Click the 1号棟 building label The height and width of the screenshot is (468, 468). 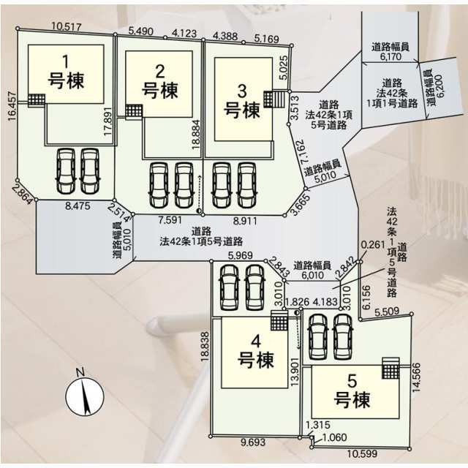pyautogui.click(x=66, y=72)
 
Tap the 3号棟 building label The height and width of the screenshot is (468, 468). pyautogui.click(x=242, y=101)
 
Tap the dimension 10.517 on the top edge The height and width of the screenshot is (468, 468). pyautogui.click(x=67, y=27)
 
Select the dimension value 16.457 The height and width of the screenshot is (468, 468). pyautogui.click(x=12, y=106)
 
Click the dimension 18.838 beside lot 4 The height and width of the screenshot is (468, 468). pyautogui.click(x=205, y=347)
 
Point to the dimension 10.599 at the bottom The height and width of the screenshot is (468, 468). pyautogui.click(x=362, y=454)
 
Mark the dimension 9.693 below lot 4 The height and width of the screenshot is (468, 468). pyautogui.click(x=253, y=442)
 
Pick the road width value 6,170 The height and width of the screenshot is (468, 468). pyautogui.click(x=390, y=56)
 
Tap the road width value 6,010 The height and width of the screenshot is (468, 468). pyautogui.click(x=312, y=275)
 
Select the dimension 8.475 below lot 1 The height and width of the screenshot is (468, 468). pyautogui.click(x=78, y=206)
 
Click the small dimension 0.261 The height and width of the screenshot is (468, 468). pyautogui.click(x=373, y=245)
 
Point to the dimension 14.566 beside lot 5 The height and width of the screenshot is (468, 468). pyautogui.click(x=416, y=377)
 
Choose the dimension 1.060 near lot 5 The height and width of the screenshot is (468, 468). pyautogui.click(x=334, y=437)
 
